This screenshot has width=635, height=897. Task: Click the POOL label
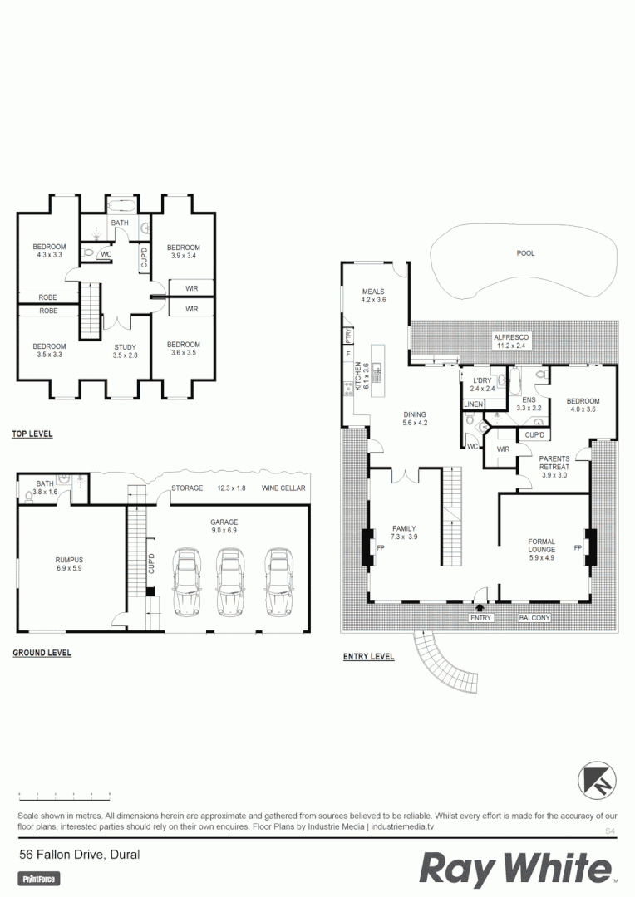click(525, 253)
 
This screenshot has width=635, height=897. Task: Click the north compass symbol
click(597, 781)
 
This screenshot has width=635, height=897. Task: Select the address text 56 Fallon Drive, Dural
click(80, 854)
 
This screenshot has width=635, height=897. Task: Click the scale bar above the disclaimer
click(64, 795)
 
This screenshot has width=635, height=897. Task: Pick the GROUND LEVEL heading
click(42, 653)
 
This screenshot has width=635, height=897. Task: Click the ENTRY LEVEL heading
click(368, 657)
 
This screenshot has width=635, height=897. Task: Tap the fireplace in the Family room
click(367, 547)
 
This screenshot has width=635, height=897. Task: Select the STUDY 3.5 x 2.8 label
click(125, 350)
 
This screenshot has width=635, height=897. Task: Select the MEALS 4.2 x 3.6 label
click(374, 296)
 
